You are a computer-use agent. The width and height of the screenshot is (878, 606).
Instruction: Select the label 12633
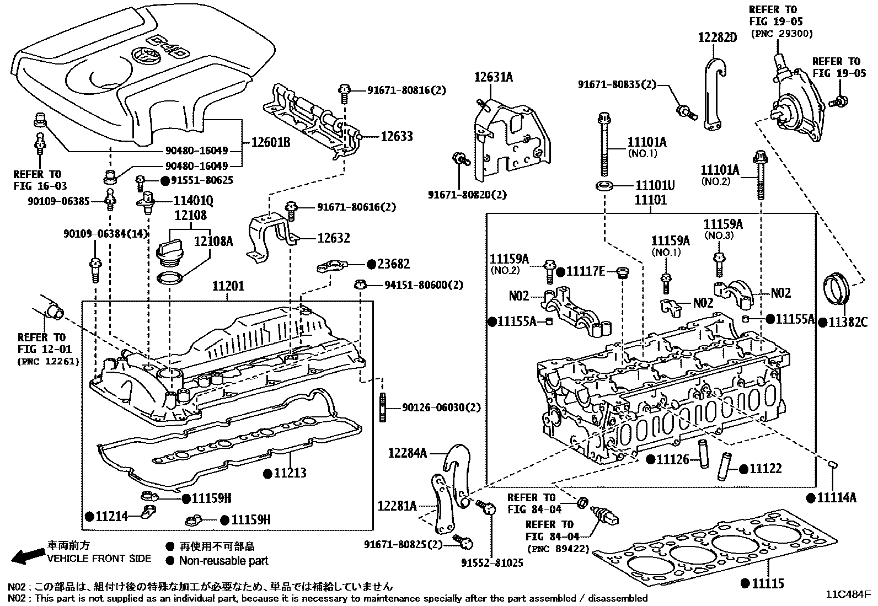tap(396, 136)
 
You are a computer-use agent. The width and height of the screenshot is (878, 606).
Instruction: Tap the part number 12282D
tap(717, 37)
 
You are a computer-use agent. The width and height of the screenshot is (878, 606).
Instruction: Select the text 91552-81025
tap(492, 563)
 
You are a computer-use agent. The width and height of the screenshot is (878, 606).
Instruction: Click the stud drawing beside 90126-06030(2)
tap(382, 407)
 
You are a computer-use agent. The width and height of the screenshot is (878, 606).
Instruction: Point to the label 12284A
tap(408, 453)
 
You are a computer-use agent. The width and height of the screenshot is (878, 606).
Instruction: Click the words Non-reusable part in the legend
tap(223, 561)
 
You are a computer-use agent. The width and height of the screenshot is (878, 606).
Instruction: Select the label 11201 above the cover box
tap(228, 287)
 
